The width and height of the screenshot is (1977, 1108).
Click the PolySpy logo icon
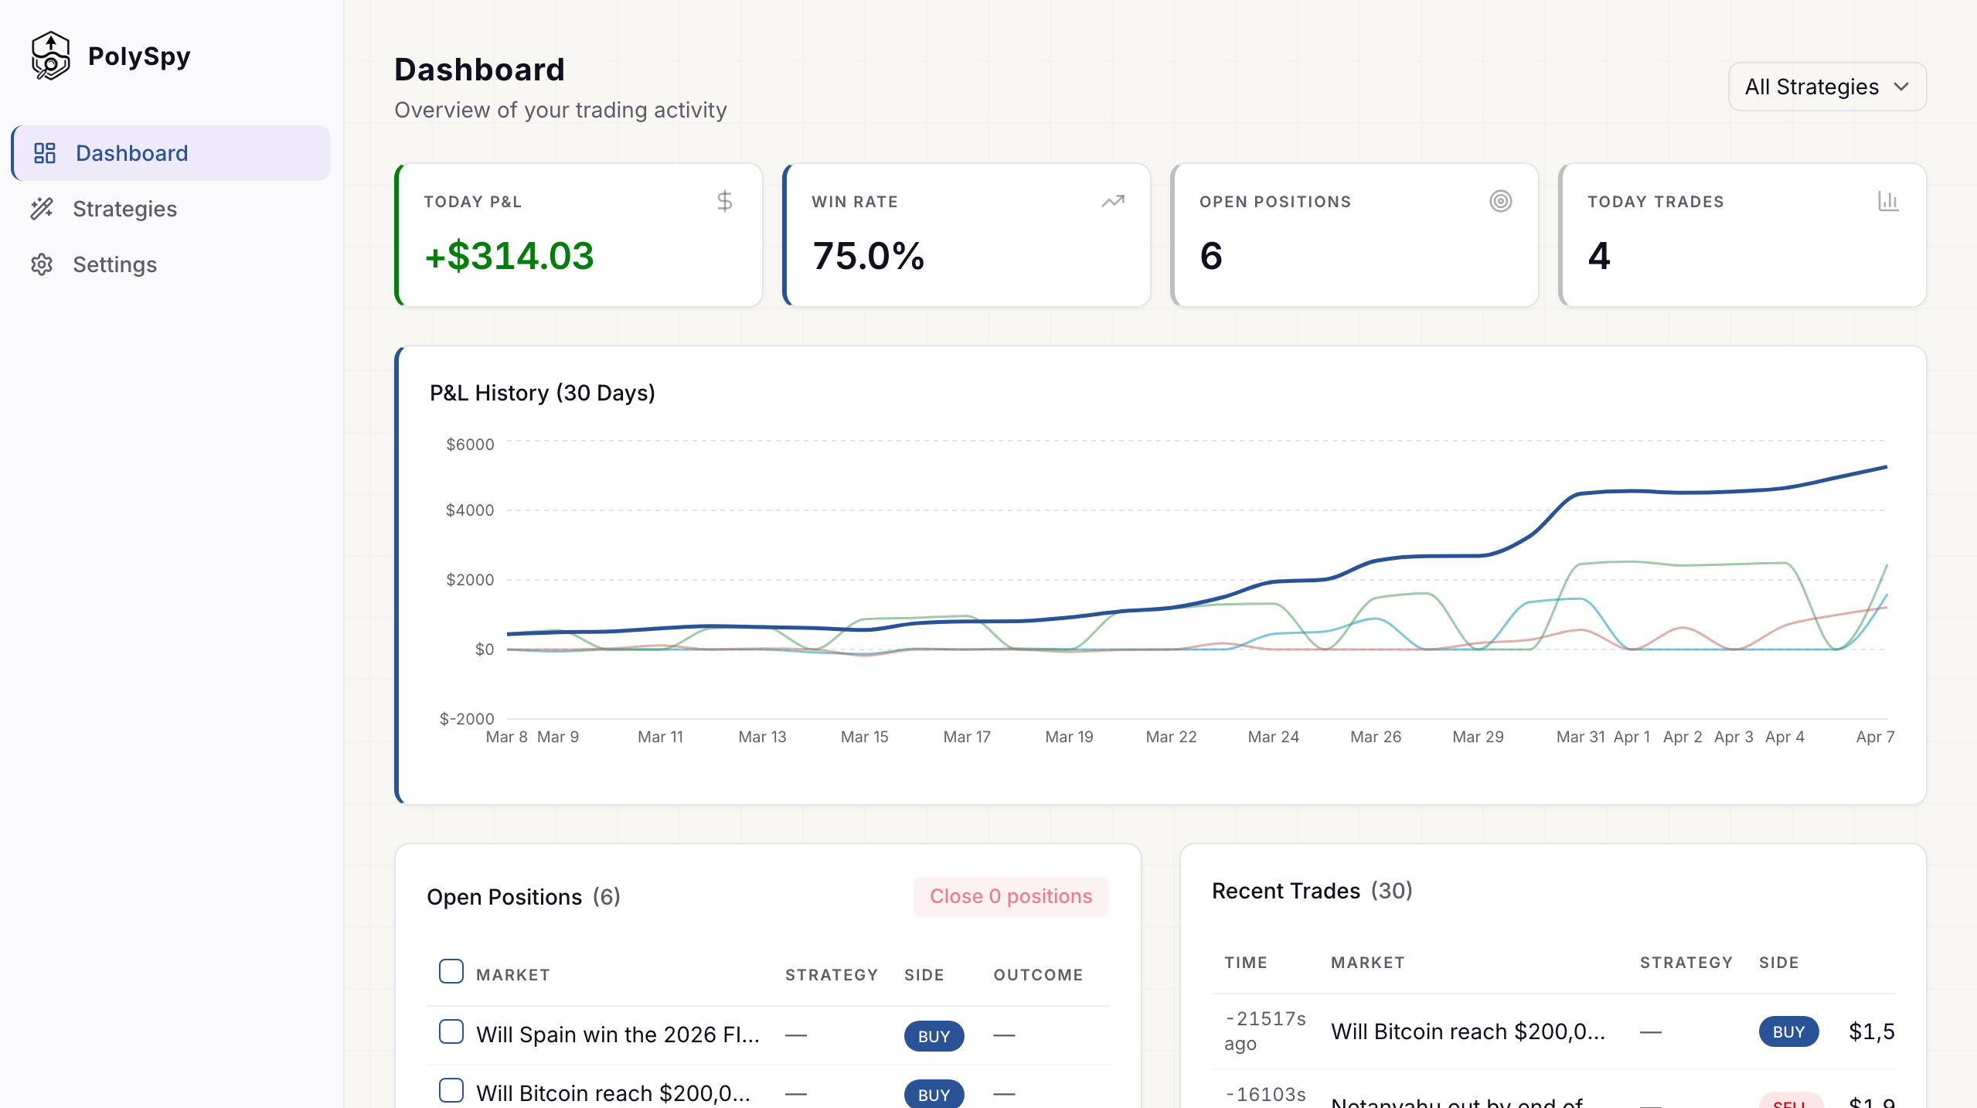[x=50, y=56]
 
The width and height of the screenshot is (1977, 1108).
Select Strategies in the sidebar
[x=124, y=209]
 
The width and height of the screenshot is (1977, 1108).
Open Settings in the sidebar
[x=114, y=264]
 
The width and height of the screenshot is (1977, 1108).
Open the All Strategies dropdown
[x=1826, y=87]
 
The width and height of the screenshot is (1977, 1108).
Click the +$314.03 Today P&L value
[x=509, y=256]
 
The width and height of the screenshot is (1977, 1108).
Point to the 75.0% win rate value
[x=868, y=256]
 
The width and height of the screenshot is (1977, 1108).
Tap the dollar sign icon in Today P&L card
[x=724, y=202]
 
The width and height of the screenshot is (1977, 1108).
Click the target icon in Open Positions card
[x=1500, y=202]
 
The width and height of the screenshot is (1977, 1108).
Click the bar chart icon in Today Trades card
[x=1888, y=202]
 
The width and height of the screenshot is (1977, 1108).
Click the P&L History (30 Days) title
[x=542, y=393]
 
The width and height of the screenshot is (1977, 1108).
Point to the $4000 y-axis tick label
[x=470, y=510]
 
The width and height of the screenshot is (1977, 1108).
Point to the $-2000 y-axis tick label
[x=466, y=719]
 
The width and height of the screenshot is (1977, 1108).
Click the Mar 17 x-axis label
[x=966, y=737]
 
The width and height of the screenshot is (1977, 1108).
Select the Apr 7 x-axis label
[x=1875, y=737]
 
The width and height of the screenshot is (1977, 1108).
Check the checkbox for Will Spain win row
[x=451, y=1031]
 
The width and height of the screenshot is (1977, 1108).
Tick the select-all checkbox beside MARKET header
[x=451, y=971]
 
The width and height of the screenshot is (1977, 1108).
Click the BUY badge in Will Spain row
[x=934, y=1036]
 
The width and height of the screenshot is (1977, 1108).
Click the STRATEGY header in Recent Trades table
[x=1686, y=963]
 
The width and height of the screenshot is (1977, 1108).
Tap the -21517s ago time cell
[x=1264, y=1031]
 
